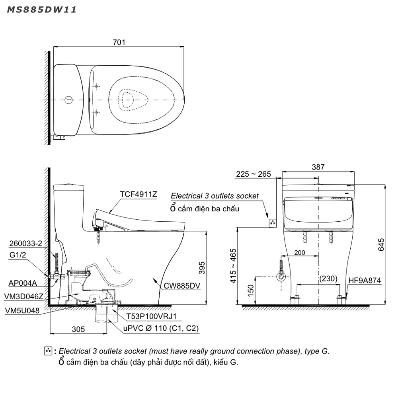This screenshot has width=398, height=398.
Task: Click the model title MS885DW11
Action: [42, 10]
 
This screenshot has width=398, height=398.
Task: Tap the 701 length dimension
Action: [119, 42]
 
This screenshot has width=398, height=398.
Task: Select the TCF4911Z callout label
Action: [139, 194]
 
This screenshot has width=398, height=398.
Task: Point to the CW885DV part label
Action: [182, 285]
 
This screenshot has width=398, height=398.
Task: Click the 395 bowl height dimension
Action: [202, 268]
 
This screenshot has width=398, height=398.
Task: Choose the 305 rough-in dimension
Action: [78, 329]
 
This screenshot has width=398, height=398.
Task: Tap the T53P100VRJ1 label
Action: [151, 316]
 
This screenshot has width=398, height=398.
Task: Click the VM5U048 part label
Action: [22, 310]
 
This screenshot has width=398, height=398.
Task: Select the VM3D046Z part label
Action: [23, 296]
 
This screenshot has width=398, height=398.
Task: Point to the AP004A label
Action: [23, 283]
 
